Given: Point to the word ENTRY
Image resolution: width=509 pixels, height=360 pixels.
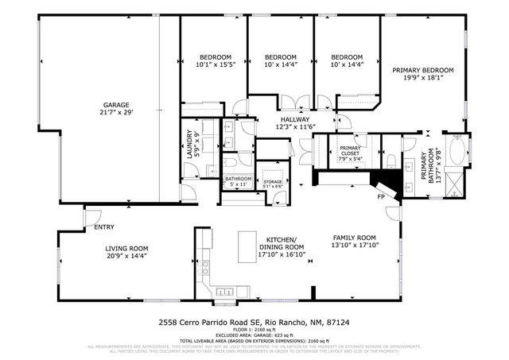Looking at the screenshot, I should [104, 228].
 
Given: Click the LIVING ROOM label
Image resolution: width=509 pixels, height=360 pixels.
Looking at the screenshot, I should [128, 249].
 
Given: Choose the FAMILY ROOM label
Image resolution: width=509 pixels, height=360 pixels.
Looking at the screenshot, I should [354, 238].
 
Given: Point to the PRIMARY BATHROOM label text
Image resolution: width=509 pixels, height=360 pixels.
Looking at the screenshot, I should [428, 167].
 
